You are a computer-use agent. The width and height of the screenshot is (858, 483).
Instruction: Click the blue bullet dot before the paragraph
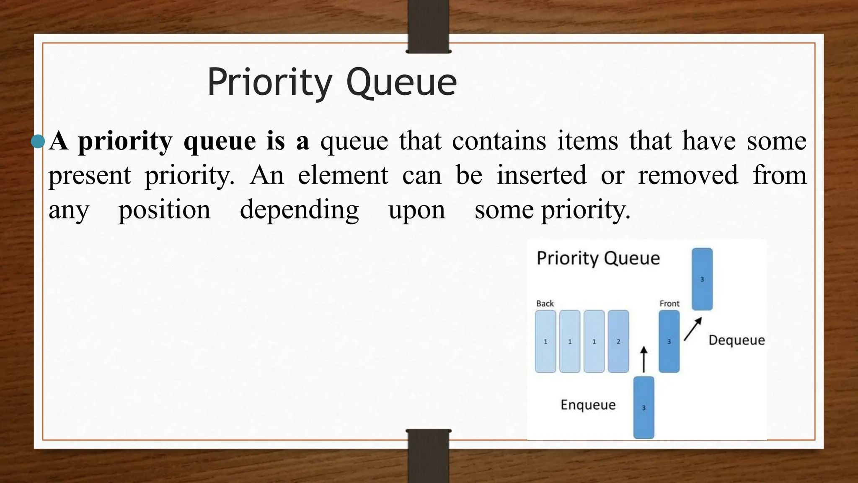[x=38, y=141]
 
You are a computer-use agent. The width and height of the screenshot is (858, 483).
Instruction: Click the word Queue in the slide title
[x=401, y=83]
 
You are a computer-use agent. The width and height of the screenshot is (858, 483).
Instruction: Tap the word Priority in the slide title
[x=270, y=83]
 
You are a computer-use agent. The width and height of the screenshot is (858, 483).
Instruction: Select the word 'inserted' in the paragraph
[x=541, y=175]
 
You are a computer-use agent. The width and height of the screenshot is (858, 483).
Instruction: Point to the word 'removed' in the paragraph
[x=688, y=175]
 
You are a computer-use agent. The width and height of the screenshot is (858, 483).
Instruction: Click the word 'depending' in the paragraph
[x=299, y=210]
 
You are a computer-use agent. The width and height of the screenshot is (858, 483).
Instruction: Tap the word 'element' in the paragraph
[x=343, y=175]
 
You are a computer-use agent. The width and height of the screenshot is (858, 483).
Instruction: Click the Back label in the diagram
[x=545, y=304]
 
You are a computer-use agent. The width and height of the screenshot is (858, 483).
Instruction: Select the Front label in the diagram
[x=669, y=304]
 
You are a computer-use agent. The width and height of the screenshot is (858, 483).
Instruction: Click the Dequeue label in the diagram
[x=737, y=340]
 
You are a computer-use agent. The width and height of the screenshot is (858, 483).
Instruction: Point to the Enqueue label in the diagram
[x=588, y=405]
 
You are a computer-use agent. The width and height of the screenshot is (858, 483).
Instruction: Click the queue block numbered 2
[x=618, y=341]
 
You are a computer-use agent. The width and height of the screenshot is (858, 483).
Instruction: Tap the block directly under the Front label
[x=669, y=341]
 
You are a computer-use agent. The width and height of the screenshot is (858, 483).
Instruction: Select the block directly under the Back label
[x=545, y=341]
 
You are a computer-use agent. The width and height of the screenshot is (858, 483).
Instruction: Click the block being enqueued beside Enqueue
[x=643, y=408]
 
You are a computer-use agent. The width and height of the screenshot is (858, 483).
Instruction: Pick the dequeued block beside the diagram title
[x=702, y=279]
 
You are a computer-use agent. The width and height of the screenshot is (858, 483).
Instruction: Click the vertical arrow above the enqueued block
[x=644, y=359]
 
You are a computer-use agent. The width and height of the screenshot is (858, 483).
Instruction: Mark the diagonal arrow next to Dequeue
[x=693, y=329]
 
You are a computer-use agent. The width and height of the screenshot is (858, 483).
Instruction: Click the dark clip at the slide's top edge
[x=428, y=26]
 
